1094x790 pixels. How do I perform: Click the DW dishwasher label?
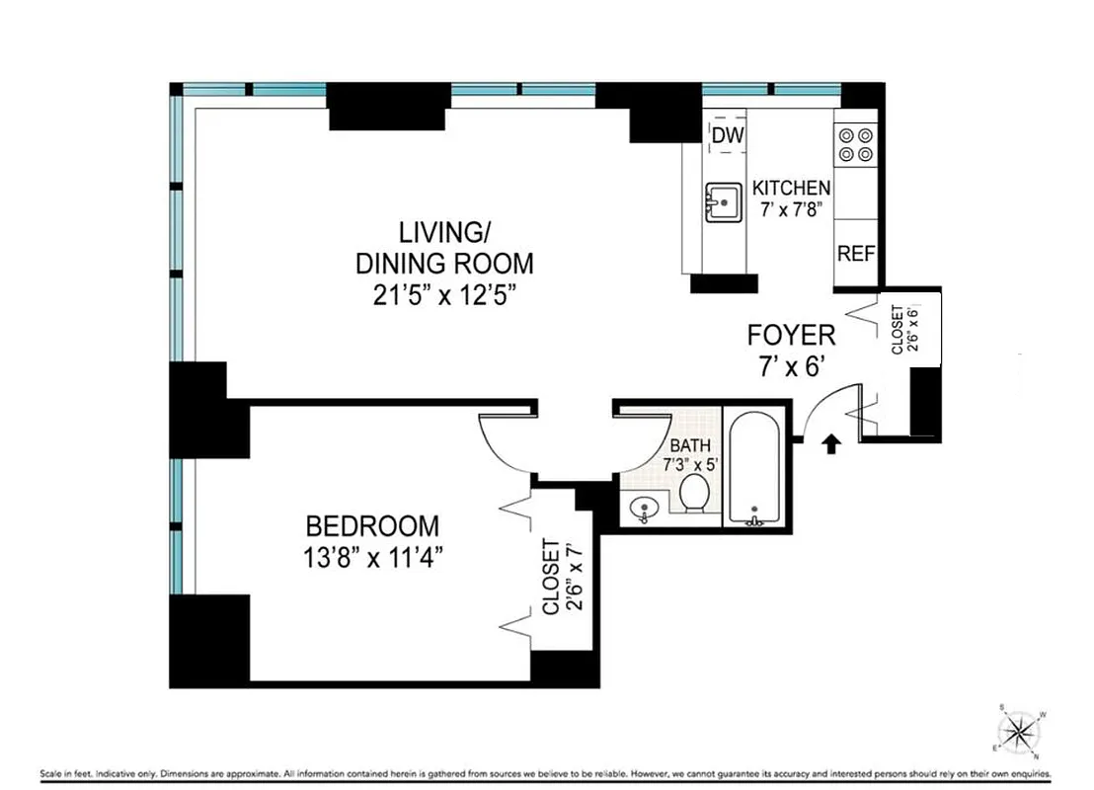click(727, 135)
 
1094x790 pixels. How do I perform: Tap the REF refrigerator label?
click(855, 253)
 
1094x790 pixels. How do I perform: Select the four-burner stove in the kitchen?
click(855, 144)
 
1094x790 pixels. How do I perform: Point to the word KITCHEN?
click(791, 188)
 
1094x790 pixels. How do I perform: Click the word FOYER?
click(791, 335)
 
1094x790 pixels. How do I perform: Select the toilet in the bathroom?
click(695, 493)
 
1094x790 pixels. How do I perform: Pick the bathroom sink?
click(643, 511)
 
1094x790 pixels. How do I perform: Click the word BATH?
click(690, 445)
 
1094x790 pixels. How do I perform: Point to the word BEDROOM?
click(371, 525)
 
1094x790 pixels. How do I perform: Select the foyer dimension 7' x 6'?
click(791, 365)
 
